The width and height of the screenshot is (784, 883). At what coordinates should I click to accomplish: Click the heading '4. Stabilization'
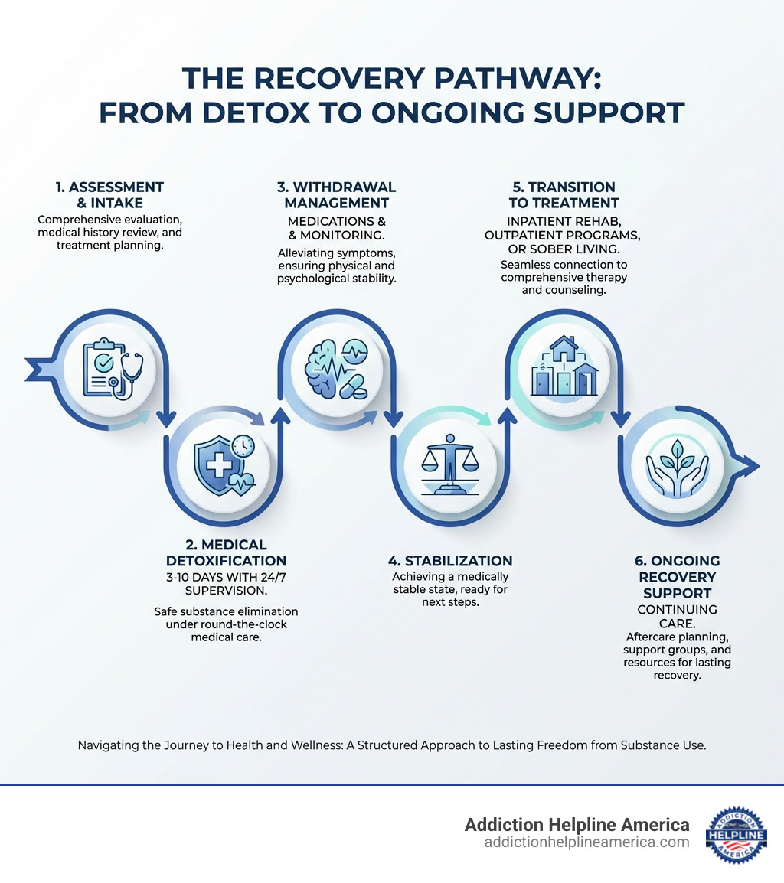(450, 561)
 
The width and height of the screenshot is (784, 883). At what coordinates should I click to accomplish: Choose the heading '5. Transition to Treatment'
(563, 195)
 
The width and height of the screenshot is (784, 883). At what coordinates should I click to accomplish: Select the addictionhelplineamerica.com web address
(586, 842)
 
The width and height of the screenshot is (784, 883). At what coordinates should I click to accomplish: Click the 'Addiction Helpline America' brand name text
(577, 824)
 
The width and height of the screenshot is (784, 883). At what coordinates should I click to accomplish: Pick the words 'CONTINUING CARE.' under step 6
(678, 617)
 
